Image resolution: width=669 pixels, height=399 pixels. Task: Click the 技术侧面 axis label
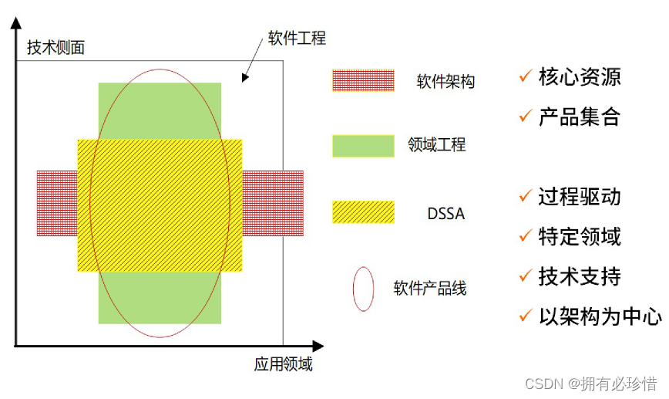point(55,48)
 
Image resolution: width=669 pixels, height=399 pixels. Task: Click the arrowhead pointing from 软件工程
point(244,77)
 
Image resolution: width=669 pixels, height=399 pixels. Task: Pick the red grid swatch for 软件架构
point(362,81)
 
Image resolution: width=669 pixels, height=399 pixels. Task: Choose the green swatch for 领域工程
point(362,146)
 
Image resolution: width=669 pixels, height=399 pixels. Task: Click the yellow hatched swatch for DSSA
point(362,212)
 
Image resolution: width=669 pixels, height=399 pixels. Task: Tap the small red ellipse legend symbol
point(364,289)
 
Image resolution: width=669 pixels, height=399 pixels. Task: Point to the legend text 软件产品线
point(430,289)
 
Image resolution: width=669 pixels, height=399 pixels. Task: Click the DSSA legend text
point(445,213)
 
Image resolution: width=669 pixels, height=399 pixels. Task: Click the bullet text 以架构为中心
point(600,316)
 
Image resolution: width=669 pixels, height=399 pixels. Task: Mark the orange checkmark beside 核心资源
point(526,76)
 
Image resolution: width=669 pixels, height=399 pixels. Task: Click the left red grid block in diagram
point(56,203)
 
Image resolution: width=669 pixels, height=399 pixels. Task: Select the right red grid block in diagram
point(273,203)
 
